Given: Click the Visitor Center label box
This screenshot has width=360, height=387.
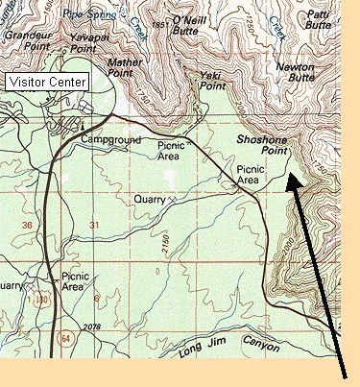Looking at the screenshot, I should [x=47, y=82].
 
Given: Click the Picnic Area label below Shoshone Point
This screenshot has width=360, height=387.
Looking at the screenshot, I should [x=249, y=174].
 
